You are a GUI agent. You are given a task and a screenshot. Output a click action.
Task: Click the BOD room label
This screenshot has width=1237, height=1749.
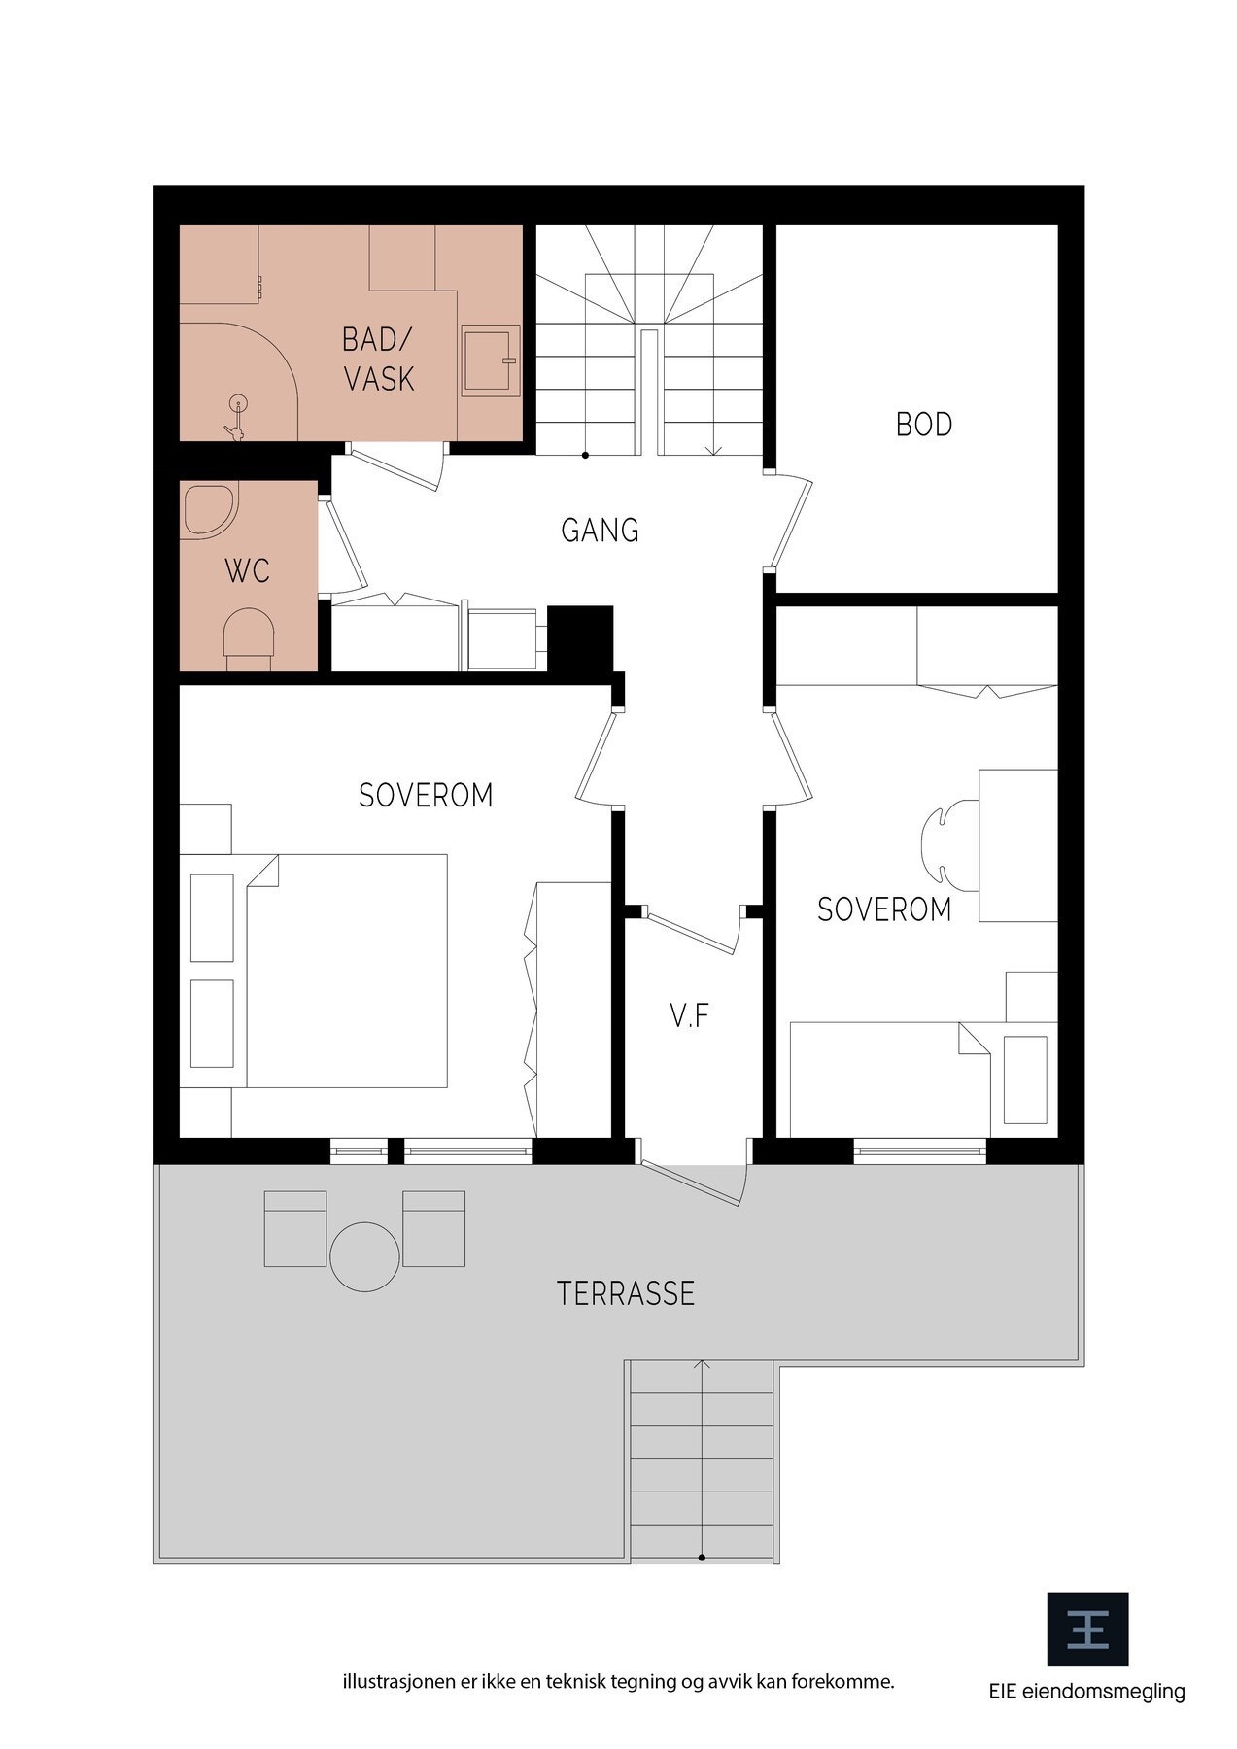point(923,425)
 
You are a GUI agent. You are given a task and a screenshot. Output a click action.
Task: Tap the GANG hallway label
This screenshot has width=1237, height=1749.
point(600,531)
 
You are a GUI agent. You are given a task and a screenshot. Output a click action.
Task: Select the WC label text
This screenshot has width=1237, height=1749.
point(247,571)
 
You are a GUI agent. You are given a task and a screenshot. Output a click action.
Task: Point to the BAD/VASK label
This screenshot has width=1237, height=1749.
point(378,359)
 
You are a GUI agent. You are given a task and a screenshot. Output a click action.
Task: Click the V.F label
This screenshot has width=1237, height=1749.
point(689,1016)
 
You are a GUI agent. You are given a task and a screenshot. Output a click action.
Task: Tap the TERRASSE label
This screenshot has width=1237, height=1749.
point(626,1293)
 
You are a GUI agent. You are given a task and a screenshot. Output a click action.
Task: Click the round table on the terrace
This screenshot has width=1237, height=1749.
point(364,1256)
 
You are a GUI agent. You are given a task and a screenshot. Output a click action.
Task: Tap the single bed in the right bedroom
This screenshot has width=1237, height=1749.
point(922,1079)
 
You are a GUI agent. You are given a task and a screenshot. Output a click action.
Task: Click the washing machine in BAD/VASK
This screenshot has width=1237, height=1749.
point(492,360)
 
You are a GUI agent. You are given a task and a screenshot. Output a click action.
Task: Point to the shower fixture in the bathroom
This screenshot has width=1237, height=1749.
point(235,417)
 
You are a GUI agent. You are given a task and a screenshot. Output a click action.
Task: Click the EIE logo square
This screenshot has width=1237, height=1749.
point(1086,1629)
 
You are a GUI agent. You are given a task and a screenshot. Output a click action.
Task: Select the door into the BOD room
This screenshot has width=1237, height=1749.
point(789,520)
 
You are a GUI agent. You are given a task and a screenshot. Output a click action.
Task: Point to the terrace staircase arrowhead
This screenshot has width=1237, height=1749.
point(703,1366)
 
